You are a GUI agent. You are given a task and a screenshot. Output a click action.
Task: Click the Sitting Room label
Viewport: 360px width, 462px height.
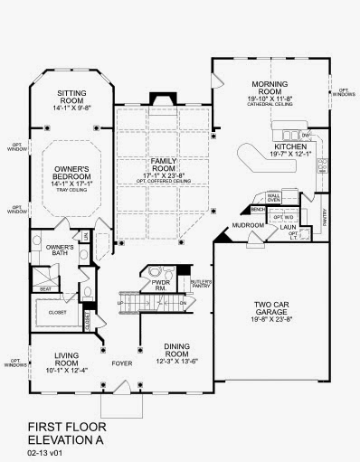[71, 95]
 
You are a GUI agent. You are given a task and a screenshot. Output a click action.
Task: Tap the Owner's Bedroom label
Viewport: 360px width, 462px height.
[71, 174]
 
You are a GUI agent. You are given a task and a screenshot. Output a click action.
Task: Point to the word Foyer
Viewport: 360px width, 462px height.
[122, 366]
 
